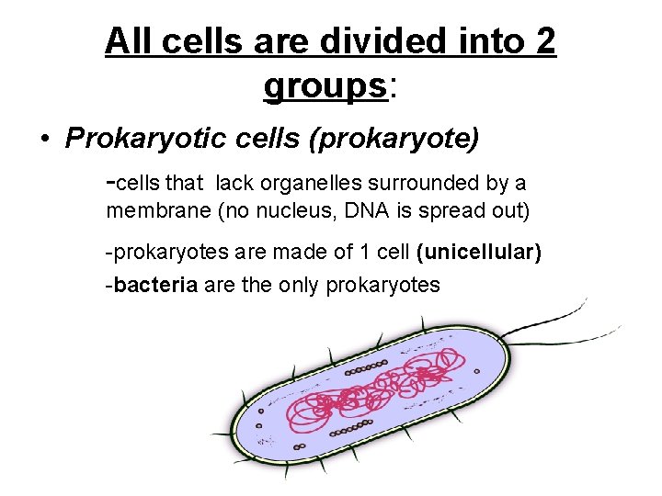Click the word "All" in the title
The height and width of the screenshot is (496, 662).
point(129,40)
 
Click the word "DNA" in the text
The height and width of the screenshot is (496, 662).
point(367,211)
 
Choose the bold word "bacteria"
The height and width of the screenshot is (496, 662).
point(156,285)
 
